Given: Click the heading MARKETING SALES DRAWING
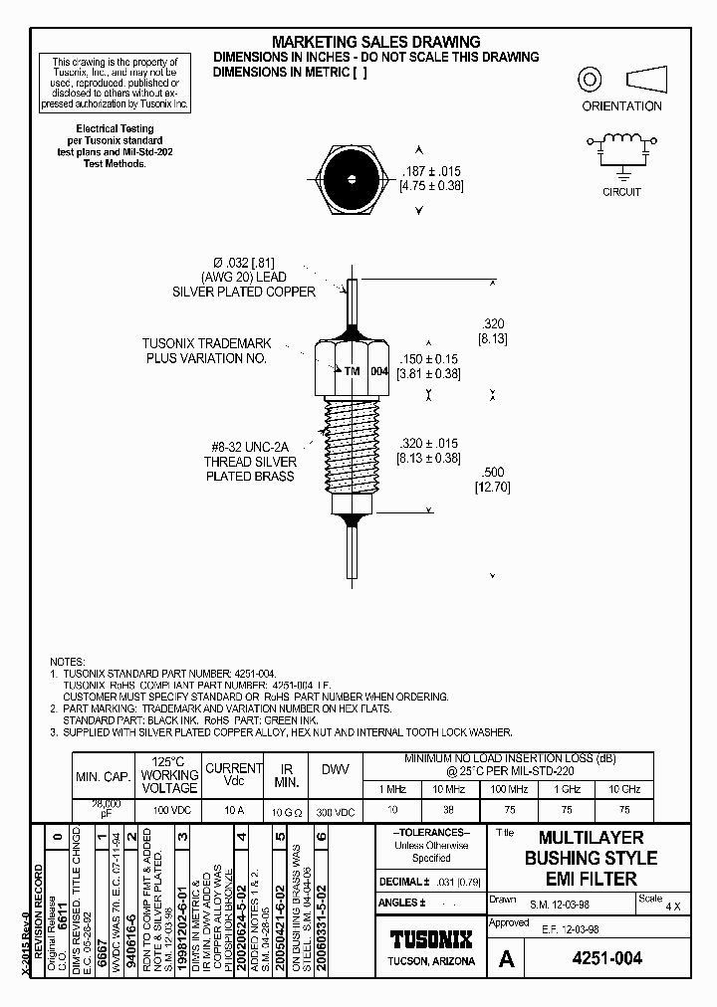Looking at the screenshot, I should [x=376, y=42].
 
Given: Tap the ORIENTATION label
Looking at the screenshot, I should [x=621, y=105].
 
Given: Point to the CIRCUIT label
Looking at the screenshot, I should [x=621, y=192].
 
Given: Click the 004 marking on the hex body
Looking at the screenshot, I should [x=378, y=370].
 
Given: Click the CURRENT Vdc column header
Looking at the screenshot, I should [x=233, y=775].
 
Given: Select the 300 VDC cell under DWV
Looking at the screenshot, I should [x=336, y=811].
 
